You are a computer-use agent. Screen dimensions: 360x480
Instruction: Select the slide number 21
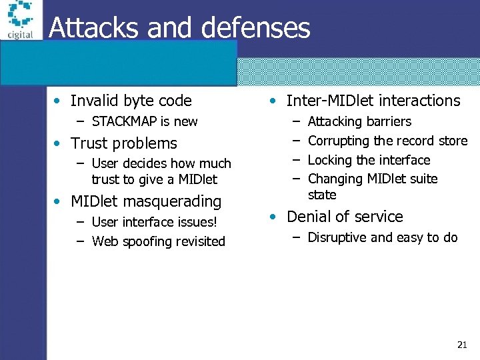point(462,345)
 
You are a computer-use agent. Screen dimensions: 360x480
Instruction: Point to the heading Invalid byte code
point(131,101)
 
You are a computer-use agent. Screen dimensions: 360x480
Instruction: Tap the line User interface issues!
point(155,222)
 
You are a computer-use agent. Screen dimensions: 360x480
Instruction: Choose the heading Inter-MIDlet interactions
point(373,101)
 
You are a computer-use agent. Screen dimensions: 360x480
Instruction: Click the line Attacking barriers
point(359,121)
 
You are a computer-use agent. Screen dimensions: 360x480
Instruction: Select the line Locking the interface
point(369,160)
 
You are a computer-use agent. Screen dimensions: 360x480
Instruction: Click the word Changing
point(335,179)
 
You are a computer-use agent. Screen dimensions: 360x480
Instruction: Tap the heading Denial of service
point(345,217)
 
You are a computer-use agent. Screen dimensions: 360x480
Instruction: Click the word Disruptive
point(338,237)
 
